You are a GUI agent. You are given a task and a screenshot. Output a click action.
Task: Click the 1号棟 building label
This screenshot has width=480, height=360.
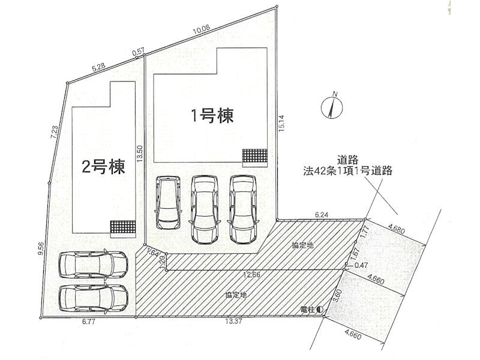point(212,116)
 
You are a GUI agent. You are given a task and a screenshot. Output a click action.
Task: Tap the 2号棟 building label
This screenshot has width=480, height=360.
point(103,167)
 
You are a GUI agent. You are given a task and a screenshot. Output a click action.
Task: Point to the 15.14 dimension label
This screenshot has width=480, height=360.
point(281,124)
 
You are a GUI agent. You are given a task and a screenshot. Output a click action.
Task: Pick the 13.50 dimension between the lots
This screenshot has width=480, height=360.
point(140,154)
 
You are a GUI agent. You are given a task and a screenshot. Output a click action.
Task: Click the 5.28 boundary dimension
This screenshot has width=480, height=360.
point(99,68)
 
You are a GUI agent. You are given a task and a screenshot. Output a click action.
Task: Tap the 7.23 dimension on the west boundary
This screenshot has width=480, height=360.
point(55,133)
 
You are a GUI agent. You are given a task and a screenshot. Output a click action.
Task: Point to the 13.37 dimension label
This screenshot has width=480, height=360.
point(234,322)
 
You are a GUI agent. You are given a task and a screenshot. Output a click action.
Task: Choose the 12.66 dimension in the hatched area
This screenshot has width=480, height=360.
point(251,275)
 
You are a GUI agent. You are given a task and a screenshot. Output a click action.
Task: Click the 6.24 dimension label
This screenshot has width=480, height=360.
point(322,215)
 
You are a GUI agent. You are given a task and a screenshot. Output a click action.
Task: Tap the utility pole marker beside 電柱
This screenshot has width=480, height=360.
point(320,310)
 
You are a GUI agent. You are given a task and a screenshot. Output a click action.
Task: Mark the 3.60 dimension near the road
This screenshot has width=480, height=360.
point(337,295)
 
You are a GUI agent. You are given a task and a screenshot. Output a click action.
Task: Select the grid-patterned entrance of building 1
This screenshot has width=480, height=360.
point(255,155)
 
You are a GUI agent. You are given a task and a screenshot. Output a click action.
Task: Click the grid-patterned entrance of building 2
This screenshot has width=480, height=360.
point(122,227)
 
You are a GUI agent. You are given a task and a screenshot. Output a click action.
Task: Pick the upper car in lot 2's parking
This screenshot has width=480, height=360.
point(93,265)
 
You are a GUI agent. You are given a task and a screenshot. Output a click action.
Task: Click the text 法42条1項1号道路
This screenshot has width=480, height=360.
point(347,171)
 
